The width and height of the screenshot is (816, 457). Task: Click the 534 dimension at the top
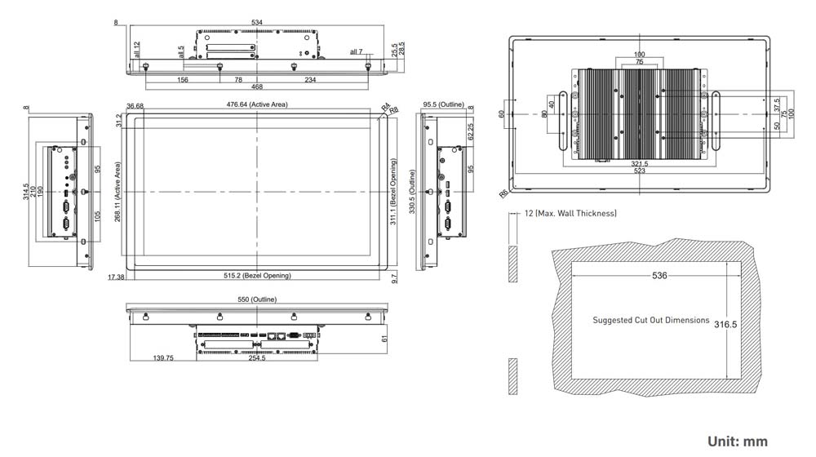256,22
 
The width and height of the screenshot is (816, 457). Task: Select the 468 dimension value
256,87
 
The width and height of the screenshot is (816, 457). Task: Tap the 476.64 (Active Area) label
257,104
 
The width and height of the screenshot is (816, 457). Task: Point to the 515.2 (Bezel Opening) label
257,276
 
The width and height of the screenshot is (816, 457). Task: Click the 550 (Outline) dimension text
256,300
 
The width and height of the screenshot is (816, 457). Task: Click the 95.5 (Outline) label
443,104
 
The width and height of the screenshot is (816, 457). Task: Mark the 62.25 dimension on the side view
470,131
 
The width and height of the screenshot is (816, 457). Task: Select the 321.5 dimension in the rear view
639,164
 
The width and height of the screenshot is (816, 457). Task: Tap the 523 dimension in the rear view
639,171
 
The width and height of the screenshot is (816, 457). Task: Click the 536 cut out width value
659,276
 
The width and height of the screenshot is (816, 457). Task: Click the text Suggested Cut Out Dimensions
650,320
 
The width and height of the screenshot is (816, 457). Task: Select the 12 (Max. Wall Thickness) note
570,213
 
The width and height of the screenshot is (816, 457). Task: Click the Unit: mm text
737,441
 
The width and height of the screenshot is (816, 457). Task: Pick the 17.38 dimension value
115,277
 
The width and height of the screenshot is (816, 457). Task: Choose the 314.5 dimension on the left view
26,191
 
